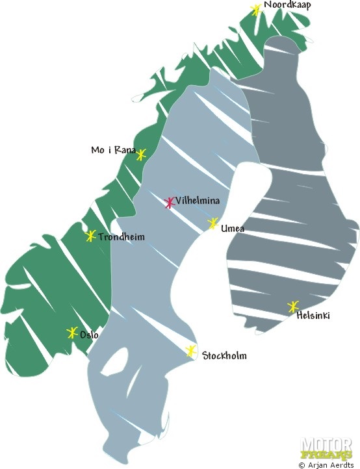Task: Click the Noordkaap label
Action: pyautogui.click(x=287, y=5)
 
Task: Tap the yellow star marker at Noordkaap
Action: pyautogui.click(x=256, y=10)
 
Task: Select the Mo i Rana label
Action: pyautogui.click(x=113, y=151)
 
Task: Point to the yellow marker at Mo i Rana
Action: pyautogui.click(x=141, y=155)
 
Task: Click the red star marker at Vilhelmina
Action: pyautogui.click(x=170, y=203)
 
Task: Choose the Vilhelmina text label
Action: pyautogui.click(x=197, y=201)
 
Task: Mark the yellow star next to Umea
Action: pyautogui.click(x=212, y=224)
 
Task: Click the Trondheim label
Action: pyautogui.click(x=122, y=237)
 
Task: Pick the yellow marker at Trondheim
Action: pyautogui.click(x=91, y=236)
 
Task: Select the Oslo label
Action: pyautogui.click(x=89, y=335)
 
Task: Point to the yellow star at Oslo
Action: pyautogui.click(x=72, y=333)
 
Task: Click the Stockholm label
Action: pyautogui.click(x=224, y=356)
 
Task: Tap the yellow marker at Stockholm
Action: pyautogui.click(x=191, y=351)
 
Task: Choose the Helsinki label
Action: pyautogui.click(x=313, y=316)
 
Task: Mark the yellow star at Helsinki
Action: pyautogui.click(x=293, y=307)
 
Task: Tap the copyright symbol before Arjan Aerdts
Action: pyautogui.click(x=302, y=465)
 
